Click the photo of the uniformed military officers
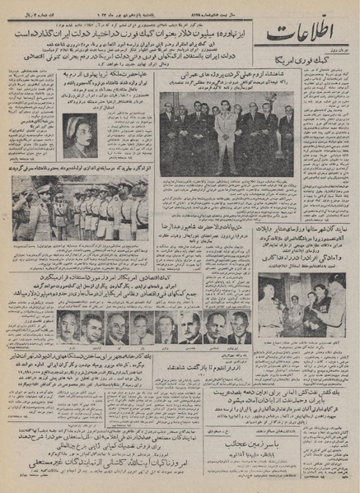[85, 211]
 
